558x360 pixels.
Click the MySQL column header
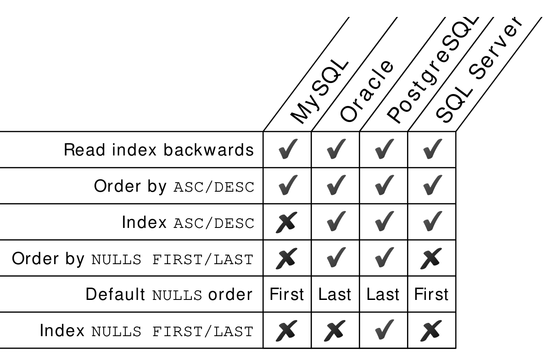[x=319, y=92]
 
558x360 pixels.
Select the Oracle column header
[x=367, y=91]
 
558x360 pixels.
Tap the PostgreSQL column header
[x=433, y=71]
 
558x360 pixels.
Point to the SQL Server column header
[x=479, y=71]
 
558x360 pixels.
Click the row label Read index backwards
[x=159, y=150]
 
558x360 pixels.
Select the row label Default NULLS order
[x=169, y=294]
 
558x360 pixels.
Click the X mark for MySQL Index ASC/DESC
[x=287, y=222]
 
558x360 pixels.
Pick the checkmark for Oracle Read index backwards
[x=336, y=149]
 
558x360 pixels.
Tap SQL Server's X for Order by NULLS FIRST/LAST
[x=431, y=259]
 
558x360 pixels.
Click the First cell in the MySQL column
[x=287, y=294]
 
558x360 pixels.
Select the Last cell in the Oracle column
[x=335, y=294]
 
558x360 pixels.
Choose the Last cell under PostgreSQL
[x=383, y=294]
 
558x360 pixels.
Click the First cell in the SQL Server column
[x=431, y=294]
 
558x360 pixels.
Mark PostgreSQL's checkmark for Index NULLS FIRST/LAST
[x=385, y=330]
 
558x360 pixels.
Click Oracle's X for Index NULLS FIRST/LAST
[x=335, y=331]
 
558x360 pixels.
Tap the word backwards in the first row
[x=209, y=150]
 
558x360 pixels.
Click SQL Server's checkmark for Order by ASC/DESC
[x=433, y=185]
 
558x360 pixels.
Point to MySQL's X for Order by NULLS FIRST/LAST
[x=287, y=259]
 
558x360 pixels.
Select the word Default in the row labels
[x=115, y=294]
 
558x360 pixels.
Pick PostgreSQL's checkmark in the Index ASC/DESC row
[x=385, y=221]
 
